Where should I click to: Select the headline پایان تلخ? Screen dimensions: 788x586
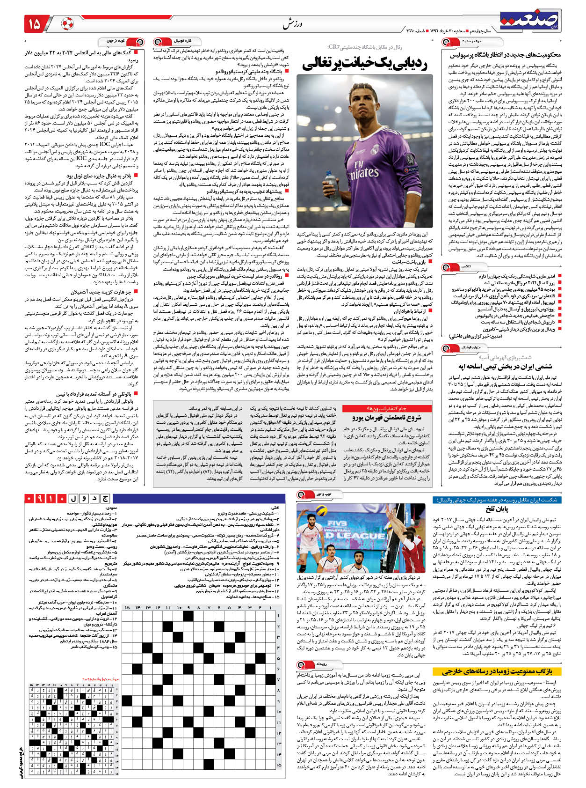point(497,509)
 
